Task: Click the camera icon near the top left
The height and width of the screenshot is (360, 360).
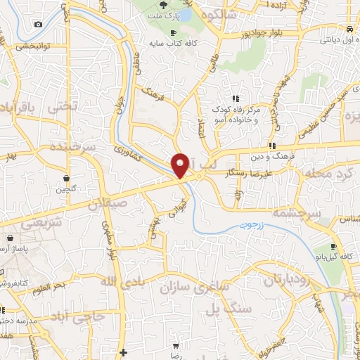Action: pyautogui.click(x=37, y=25)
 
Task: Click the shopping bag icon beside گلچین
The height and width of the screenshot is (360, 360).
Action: pyautogui.click(x=66, y=178)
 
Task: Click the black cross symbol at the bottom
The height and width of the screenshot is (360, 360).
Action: pyautogui.click(x=124, y=352)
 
